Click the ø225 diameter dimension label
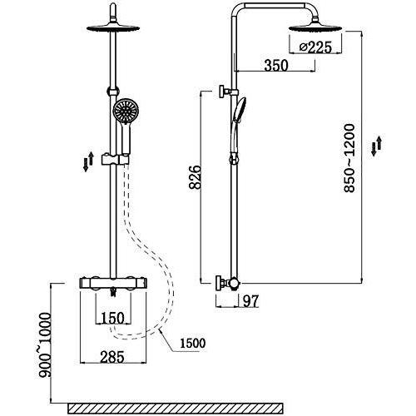315,47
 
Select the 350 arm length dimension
276,66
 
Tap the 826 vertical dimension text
195,177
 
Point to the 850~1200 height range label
349,158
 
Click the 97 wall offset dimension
250,301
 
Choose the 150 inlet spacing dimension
112,318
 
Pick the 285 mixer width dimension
112,357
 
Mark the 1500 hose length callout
193,344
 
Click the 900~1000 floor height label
45,344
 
